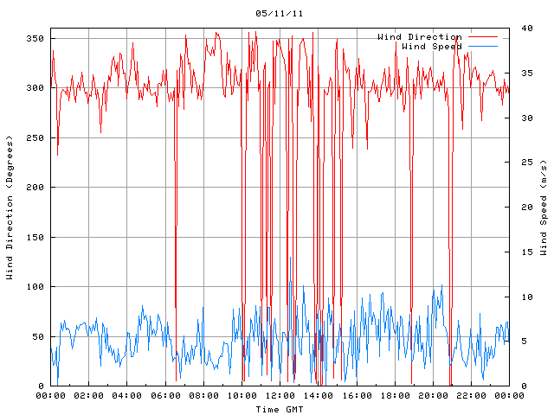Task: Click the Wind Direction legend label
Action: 420,37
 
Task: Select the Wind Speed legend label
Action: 432,47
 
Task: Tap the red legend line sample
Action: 484,37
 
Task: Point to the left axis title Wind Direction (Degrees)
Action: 10,207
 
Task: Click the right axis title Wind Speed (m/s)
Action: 543,207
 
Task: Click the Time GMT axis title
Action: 280,409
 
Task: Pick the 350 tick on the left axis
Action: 35,38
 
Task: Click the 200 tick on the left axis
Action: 35,188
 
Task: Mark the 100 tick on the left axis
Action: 35,287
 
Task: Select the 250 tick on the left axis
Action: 35,137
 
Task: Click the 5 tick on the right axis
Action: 515,342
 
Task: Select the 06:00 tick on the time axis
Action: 165,396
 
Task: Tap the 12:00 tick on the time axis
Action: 280,396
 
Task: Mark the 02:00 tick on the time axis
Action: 88,396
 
